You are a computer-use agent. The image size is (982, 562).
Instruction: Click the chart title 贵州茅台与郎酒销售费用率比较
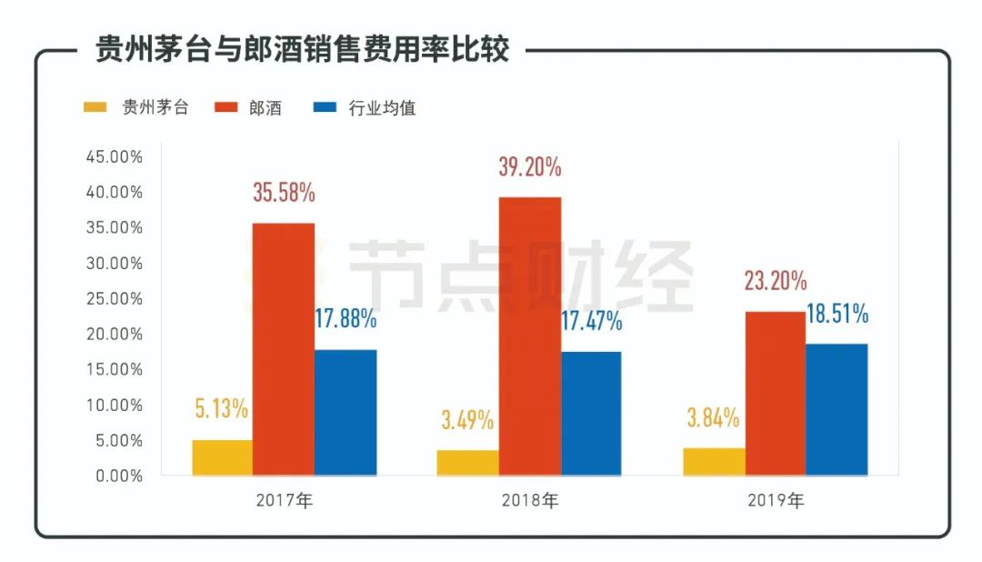pos(302,50)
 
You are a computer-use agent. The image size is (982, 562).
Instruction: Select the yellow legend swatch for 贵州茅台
pos(95,107)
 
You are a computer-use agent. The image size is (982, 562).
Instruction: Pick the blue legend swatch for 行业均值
pos(324,107)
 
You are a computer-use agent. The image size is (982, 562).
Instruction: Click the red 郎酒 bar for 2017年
pos(284,349)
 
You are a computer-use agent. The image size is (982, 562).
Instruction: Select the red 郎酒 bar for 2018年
pos(530,336)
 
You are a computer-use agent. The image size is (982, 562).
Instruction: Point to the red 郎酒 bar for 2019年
pos(775,393)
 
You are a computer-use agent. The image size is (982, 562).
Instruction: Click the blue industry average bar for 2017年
pos(346,412)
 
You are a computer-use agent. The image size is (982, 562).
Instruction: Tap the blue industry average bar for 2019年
pos(837,409)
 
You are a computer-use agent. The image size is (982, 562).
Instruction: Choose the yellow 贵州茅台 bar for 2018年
pos(467,463)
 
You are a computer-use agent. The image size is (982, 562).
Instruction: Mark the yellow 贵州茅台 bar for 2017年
pos(222,457)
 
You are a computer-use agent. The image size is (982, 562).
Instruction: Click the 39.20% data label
pos(529,167)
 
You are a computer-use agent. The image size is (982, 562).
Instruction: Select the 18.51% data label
pos(837,315)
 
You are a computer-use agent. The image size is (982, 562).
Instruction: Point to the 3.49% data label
pos(466,420)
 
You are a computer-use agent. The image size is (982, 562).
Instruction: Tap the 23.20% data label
pos(775,281)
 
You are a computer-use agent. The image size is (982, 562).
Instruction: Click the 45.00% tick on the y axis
pos(114,156)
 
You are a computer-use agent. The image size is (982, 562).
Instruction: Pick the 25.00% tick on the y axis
pos(114,298)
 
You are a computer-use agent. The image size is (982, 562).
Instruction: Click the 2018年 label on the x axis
pos(530,500)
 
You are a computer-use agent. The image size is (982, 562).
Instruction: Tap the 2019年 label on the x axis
pos(776,500)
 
